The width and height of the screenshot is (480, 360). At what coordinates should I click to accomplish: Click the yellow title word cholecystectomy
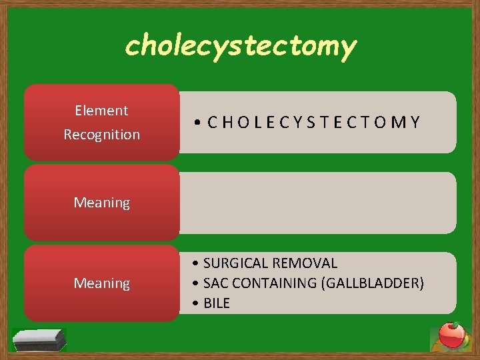(241, 45)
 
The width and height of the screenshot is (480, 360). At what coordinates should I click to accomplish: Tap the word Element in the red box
(101, 111)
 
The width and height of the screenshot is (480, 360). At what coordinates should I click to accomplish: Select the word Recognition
(101, 134)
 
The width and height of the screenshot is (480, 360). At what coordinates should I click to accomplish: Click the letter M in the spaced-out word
(400, 122)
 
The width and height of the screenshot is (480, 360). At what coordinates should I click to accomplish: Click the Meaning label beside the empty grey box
(101, 202)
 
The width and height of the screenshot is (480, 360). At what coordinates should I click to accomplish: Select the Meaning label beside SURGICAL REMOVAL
(101, 283)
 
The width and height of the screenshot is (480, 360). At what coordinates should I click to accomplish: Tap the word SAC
(216, 283)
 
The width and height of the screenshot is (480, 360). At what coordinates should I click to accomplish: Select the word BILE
(217, 303)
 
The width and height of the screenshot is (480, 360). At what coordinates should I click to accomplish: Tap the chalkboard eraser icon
(39, 339)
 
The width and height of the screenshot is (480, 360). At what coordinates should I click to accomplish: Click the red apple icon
(451, 335)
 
